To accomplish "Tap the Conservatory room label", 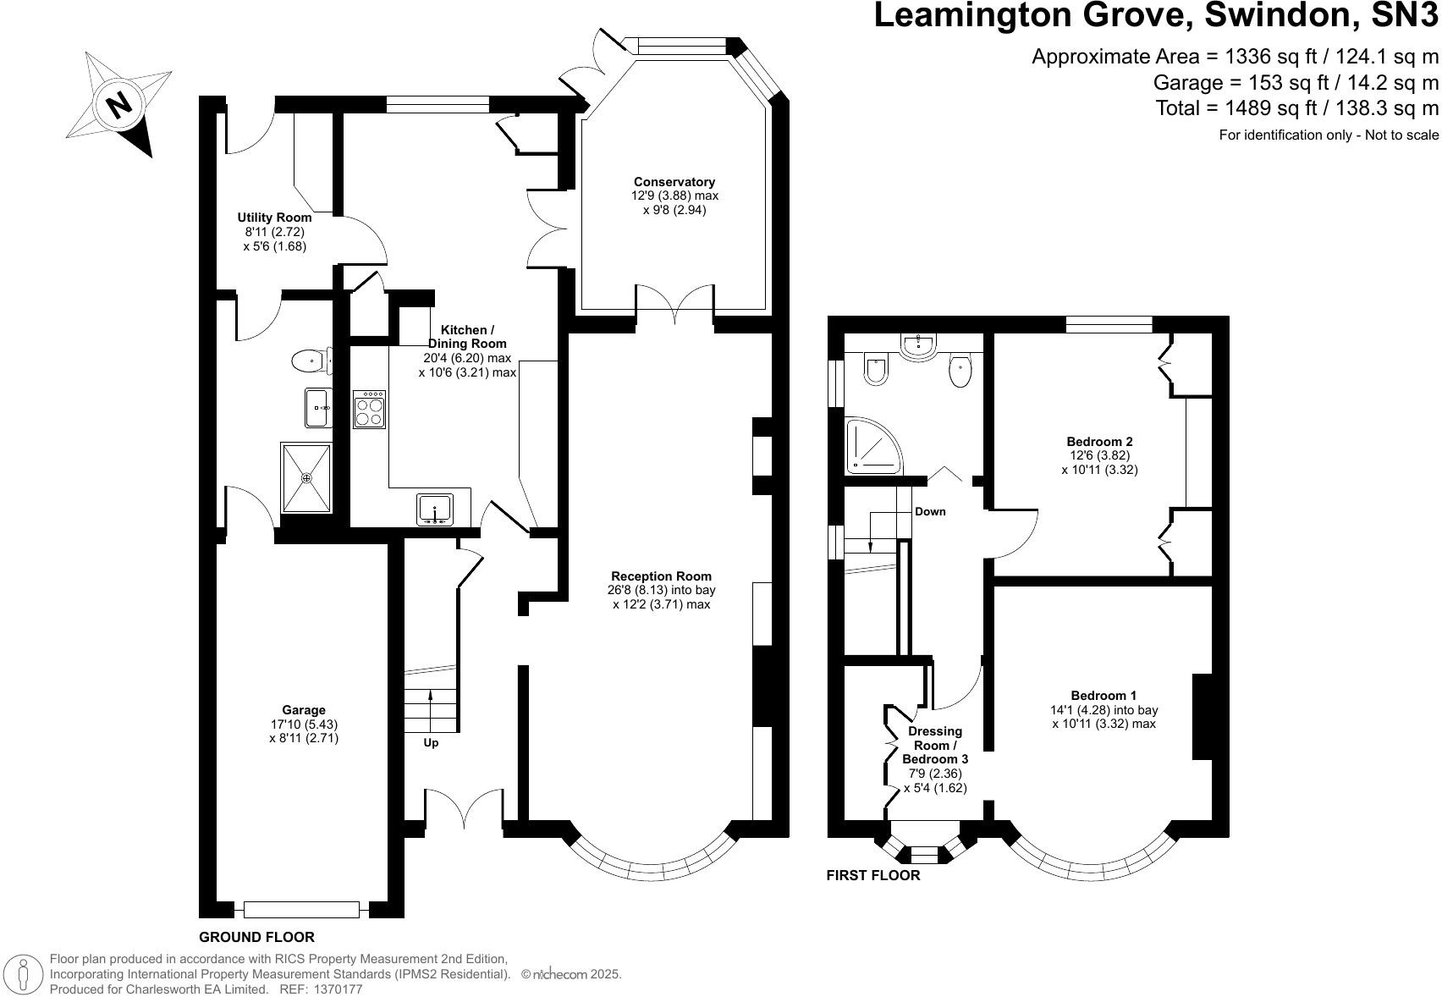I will (674, 182).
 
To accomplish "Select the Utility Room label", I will (274, 218).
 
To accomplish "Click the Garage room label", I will (304, 710).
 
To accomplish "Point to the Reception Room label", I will (661, 576).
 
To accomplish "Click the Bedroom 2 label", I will (1099, 441).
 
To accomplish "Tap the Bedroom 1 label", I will (1104, 696).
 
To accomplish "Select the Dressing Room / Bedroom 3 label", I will (935, 745).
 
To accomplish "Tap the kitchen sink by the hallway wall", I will (435, 509).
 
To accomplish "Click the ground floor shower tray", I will (306, 478).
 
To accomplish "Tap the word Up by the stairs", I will (431, 743).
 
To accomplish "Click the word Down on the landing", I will (930, 511).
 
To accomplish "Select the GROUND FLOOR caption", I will (256, 937).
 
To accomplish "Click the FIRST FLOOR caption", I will (872, 875).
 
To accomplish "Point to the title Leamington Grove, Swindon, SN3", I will (1155, 17).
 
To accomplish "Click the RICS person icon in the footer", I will (24, 972).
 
